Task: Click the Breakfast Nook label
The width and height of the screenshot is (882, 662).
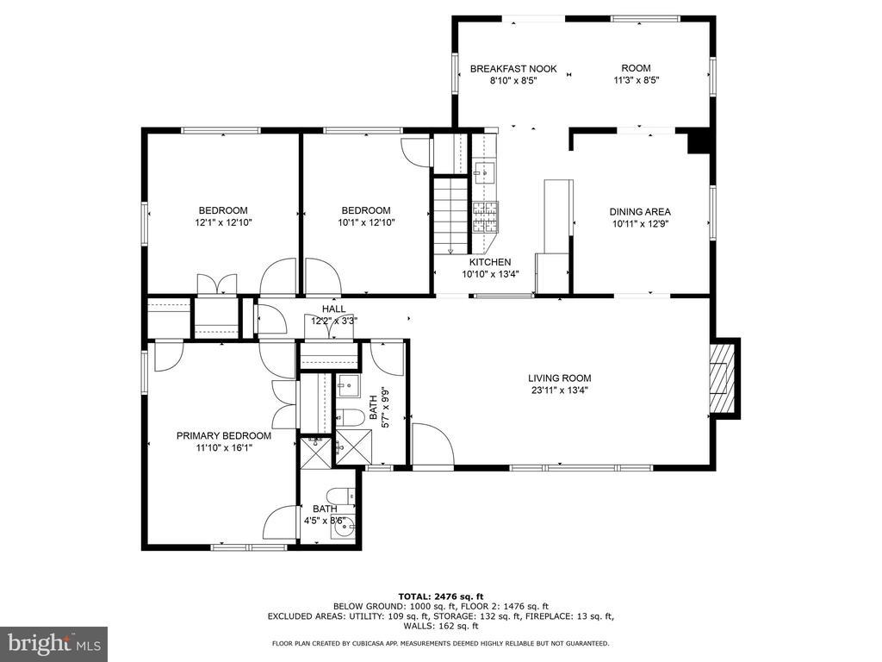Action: tap(513, 69)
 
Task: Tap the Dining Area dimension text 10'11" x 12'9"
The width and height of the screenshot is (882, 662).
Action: tap(640, 223)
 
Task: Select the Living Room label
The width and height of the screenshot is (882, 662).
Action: tap(560, 378)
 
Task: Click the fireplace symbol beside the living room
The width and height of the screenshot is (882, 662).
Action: tap(722, 378)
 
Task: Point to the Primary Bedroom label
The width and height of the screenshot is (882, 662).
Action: tap(224, 435)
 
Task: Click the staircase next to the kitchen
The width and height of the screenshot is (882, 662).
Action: tap(450, 215)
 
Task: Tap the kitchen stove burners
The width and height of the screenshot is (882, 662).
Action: tap(485, 217)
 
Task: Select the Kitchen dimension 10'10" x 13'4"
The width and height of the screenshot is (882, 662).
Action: tap(490, 274)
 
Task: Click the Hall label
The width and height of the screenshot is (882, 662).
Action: tap(334, 309)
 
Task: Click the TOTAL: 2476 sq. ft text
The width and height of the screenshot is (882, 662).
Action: tap(441, 596)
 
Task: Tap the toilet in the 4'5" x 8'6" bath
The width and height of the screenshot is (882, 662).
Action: tap(341, 496)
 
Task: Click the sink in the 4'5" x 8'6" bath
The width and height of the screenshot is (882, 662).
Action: tap(343, 528)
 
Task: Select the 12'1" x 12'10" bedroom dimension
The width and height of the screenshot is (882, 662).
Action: tap(223, 222)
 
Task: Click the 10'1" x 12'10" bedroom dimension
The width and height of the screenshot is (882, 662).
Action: tap(366, 222)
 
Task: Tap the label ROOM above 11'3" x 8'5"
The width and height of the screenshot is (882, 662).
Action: tap(637, 68)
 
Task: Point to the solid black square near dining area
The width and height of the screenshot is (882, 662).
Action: tap(699, 141)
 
